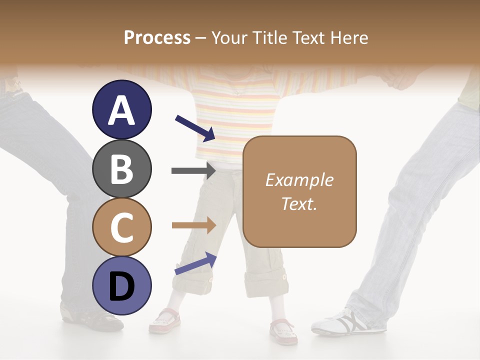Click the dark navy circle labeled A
click(121, 110)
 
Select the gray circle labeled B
click(121, 168)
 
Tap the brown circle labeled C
click(121, 227)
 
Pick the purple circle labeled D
click(121, 285)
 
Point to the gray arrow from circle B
click(193, 171)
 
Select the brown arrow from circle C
click(193, 225)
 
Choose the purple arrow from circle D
click(195, 263)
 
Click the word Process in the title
click(157, 37)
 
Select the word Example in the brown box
click(299, 180)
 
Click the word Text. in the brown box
click(299, 203)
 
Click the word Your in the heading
click(230, 37)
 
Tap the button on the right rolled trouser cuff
click(284, 275)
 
